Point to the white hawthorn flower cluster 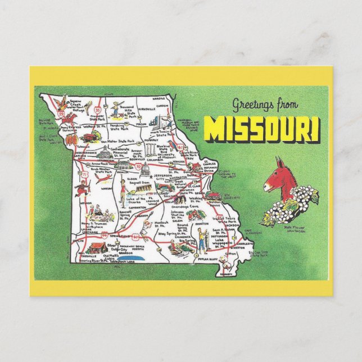pyautogui.click(x=290, y=206)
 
